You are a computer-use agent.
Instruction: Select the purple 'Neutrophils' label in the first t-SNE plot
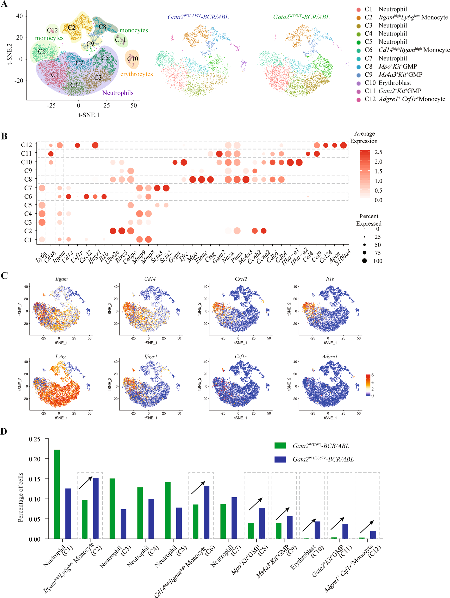click(118, 93)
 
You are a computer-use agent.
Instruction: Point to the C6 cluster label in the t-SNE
click(42, 51)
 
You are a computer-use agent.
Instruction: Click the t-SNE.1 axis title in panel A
click(89, 115)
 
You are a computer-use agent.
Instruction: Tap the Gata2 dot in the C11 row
click(219, 154)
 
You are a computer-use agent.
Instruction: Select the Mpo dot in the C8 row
click(193, 179)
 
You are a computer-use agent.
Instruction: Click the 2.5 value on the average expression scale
click(378, 152)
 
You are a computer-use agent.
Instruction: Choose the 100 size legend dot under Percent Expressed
click(364, 261)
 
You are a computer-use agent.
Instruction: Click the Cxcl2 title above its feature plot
click(241, 279)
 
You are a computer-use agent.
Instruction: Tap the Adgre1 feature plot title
click(330, 357)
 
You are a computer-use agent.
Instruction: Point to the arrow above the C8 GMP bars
click(255, 504)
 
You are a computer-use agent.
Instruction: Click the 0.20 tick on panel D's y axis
click(35, 459)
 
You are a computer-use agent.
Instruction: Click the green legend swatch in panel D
click(280, 445)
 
